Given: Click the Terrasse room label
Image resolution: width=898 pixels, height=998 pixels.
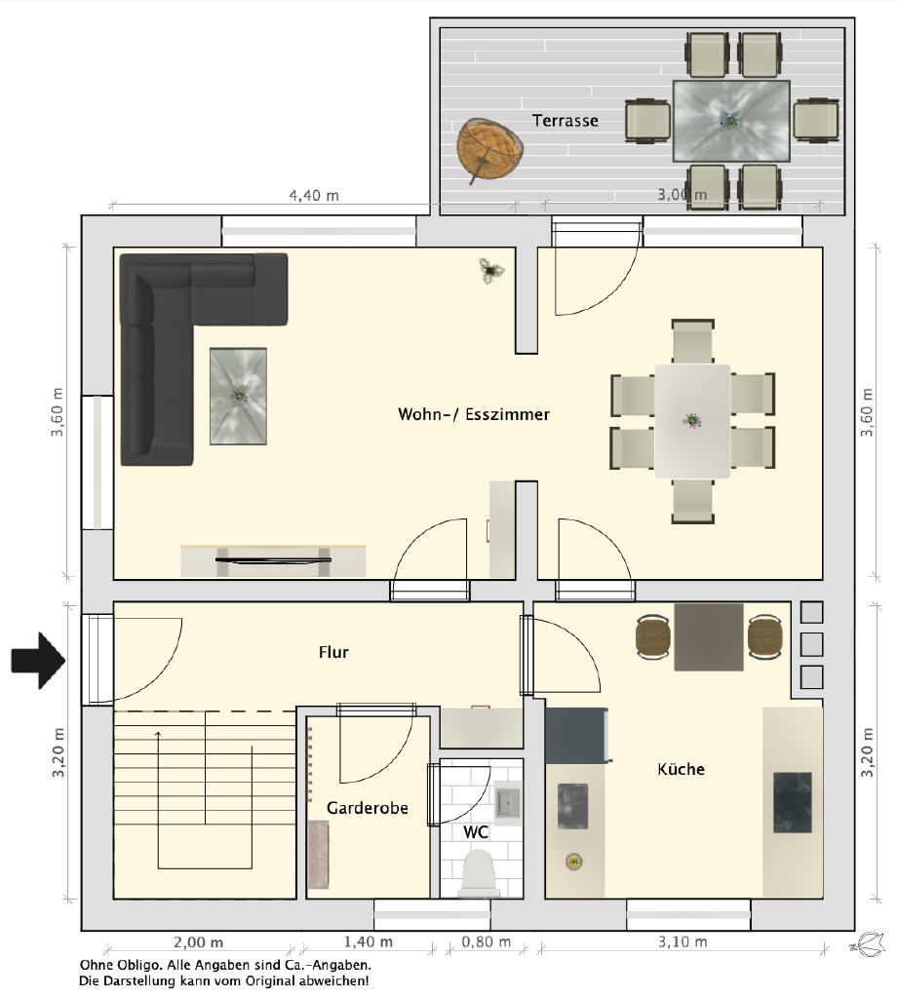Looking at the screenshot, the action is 565,120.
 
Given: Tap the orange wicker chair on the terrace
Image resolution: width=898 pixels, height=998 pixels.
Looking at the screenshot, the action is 489,148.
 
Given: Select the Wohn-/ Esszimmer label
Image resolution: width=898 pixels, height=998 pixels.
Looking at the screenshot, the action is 474,414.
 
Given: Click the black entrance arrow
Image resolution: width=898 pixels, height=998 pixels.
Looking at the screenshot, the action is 38,661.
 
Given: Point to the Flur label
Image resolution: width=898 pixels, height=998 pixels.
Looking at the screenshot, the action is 333,652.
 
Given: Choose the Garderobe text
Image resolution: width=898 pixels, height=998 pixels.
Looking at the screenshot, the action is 368,808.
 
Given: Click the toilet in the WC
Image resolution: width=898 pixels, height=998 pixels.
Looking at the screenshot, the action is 480,874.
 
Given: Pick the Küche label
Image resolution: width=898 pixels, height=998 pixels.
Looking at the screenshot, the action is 681,769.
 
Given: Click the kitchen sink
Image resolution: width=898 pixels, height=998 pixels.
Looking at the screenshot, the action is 572,806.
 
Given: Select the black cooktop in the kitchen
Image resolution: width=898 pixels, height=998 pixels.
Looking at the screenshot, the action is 793,803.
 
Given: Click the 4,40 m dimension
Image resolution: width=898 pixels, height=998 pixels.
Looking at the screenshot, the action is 314,195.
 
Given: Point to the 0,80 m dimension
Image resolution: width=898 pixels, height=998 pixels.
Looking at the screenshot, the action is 486,942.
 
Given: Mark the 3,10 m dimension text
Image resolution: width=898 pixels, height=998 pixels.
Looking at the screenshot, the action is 683,942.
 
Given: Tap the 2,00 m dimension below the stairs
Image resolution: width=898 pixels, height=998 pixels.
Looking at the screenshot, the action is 199,942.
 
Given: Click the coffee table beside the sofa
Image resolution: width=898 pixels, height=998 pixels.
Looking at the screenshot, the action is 238,396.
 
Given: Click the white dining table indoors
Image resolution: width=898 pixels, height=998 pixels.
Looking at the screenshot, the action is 693,421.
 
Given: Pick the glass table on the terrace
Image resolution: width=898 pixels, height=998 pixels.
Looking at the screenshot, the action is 732,121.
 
